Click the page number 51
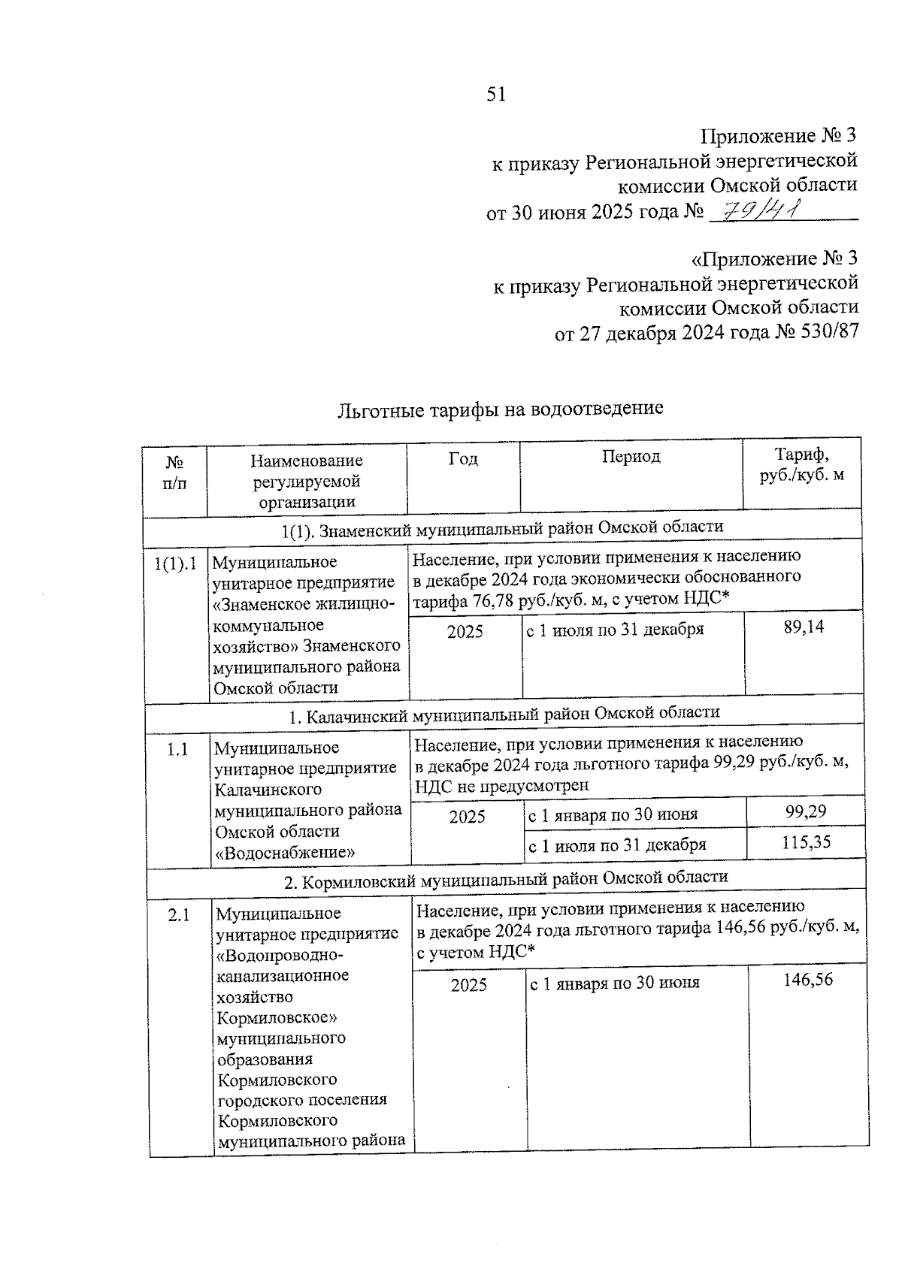point(496,94)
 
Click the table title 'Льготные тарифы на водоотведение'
point(501,409)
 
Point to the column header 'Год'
point(463,459)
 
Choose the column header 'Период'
point(631,457)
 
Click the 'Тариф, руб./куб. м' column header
point(801,465)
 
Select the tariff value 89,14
point(804,627)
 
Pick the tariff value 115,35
point(806,842)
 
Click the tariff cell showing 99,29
point(805,811)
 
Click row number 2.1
point(179,915)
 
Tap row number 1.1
point(177,749)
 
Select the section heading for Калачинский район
point(504,713)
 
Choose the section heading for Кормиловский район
point(506,878)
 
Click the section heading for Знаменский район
point(502,528)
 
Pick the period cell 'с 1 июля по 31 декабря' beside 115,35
point(617,844)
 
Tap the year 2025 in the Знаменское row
point(465,632)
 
